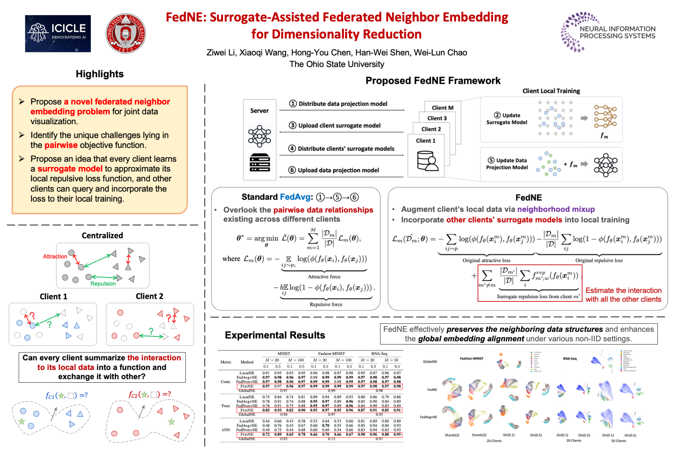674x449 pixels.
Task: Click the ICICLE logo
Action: pos(58,34)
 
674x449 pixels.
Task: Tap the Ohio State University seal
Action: pos(126,34)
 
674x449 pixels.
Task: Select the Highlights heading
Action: pos(100,74)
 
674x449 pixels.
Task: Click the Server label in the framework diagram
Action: pos(259,110)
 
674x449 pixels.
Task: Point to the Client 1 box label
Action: pos(425,141)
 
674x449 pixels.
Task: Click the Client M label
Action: pos(442,108)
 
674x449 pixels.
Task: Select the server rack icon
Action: pos(260,162)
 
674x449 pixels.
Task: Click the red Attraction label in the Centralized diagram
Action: pos(55,256)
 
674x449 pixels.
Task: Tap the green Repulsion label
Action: pos(103,283)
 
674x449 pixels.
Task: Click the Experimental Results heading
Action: pos(275,335)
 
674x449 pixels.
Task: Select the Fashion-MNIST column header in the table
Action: pos(331,354)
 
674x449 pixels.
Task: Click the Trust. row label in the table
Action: pos(226,406)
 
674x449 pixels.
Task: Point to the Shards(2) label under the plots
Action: pos(452,435)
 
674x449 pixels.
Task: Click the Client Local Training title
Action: pos(551,91)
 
